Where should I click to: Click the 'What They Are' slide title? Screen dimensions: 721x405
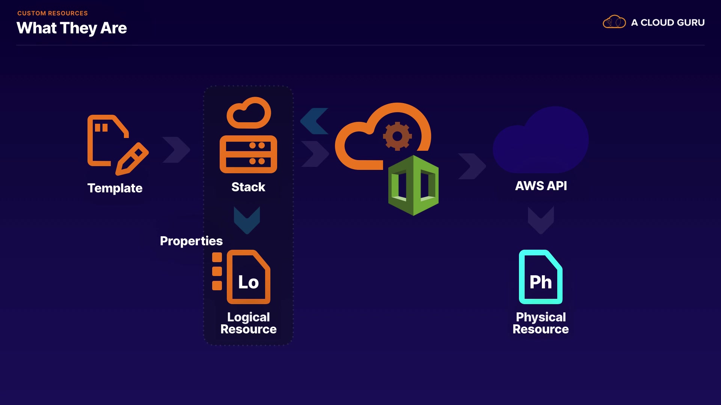coord(72,28)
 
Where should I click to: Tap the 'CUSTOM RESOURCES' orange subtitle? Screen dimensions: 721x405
coord(53,13)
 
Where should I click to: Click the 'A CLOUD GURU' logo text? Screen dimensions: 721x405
coord(668,22)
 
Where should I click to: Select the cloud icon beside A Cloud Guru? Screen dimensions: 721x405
coord(614,22)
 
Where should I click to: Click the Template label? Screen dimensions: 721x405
coord(115,188)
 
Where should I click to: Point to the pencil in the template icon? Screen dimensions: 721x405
coord(132,159)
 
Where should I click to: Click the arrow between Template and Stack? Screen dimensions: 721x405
coord(176,150)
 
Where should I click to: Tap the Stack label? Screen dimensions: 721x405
coord(248,187)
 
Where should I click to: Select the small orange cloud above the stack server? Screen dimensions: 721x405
coord(249,113)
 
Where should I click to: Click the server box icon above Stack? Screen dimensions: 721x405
coord(248,154)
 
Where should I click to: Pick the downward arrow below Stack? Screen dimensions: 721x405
coord(247,220)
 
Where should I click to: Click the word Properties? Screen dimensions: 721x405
coord(191,241)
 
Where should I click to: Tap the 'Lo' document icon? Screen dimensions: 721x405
coord(249,277)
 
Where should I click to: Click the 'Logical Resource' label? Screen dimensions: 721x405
coord(248,323)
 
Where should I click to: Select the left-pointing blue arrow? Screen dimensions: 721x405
coord(314,121)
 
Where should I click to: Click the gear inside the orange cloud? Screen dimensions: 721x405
coord(397,136)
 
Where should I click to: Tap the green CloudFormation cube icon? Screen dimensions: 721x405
coord(413,185)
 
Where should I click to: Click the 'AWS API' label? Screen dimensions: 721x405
coord(541,186)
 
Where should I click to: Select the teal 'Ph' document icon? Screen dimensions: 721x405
coord(541,277)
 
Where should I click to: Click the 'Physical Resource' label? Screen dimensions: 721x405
coord(541,323)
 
